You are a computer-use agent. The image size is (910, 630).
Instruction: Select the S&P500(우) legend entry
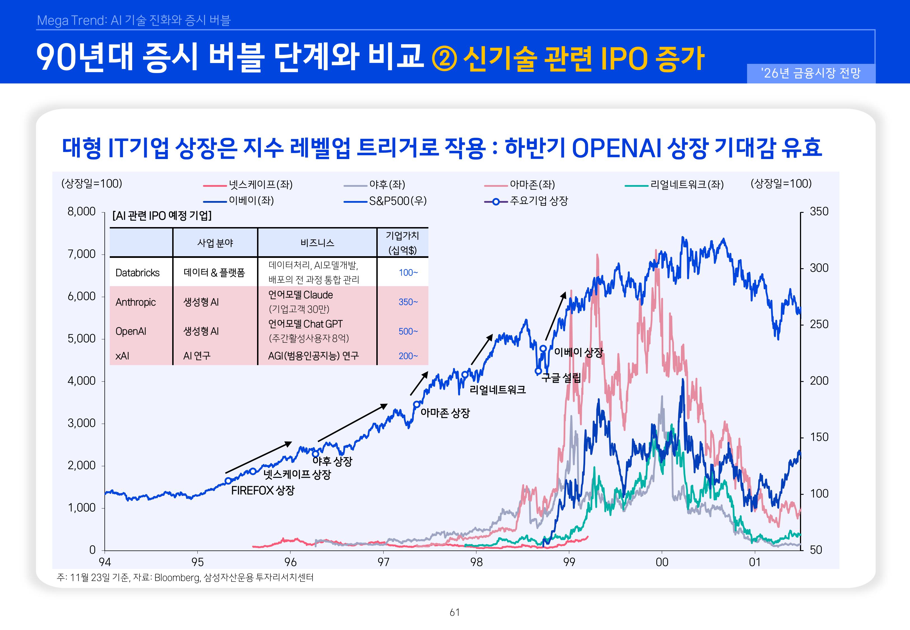397,201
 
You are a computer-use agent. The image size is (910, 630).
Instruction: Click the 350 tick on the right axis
819,212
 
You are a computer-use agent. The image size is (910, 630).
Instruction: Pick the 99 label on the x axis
569,562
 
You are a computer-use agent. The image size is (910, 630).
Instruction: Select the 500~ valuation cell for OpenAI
408,331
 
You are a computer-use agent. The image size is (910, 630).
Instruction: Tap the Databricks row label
137,273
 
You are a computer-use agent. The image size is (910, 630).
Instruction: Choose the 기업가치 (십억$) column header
402,243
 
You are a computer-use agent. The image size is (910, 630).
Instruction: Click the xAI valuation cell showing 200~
408,356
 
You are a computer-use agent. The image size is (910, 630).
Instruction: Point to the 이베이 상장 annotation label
578,352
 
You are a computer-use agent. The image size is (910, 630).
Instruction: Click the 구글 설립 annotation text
561,378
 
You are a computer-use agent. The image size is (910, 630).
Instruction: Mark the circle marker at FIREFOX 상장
228,481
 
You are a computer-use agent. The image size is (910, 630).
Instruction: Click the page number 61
455,612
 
